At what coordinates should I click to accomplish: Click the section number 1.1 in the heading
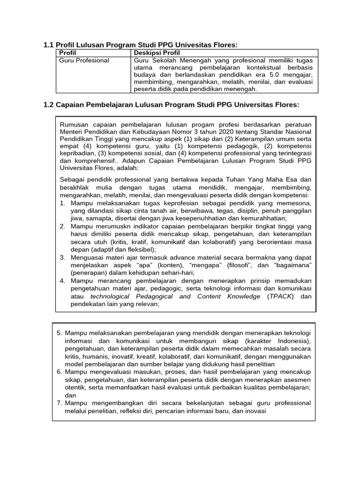coord(48,45)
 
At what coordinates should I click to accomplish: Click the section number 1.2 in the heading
coord(48,105)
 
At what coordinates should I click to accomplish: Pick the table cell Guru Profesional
coord(84,60)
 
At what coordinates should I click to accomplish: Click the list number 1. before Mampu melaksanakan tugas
coord(63,203)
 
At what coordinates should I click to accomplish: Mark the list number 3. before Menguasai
coord(63,257)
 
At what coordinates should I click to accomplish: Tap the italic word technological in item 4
coord(109,296)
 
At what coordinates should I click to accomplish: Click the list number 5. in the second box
coord(60,332)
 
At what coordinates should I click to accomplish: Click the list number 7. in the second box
coord(60,403)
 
